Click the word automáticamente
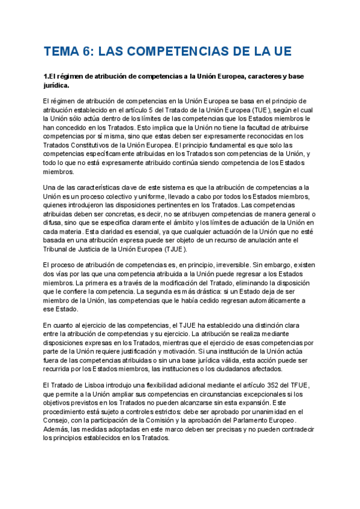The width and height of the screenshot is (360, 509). point(268,300)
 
